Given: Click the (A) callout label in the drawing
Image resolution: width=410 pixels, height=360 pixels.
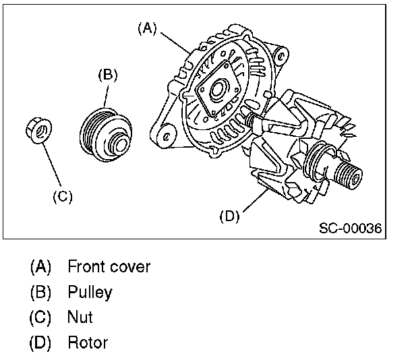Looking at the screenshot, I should tap(147, 28).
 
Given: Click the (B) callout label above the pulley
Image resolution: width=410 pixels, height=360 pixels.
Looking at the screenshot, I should tap(108, 75).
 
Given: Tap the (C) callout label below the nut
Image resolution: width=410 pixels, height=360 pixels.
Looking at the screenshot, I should tap(63, 196).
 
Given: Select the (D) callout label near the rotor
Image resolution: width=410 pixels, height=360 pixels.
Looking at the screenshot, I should tap(230, 216).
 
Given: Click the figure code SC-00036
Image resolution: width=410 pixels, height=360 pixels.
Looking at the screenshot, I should tap(350, 229).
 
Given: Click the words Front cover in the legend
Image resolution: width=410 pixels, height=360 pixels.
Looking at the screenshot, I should tap(109, 266).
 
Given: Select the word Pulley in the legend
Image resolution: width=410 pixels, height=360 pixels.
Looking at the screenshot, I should tap(90, 292).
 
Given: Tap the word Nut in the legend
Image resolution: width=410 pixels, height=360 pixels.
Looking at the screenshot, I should tap(80, 317).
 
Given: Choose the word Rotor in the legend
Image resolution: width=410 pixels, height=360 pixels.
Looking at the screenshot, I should tap(88, 342).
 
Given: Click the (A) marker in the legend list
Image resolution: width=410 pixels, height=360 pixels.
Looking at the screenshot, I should tap(40, 266).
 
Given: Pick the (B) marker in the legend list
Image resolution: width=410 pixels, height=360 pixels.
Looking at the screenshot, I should tap(40, 292).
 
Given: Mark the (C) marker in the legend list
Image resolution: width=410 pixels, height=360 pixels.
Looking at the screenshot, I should tap(40, 317).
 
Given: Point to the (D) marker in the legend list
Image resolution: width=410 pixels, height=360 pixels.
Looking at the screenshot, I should tap(40, 342).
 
